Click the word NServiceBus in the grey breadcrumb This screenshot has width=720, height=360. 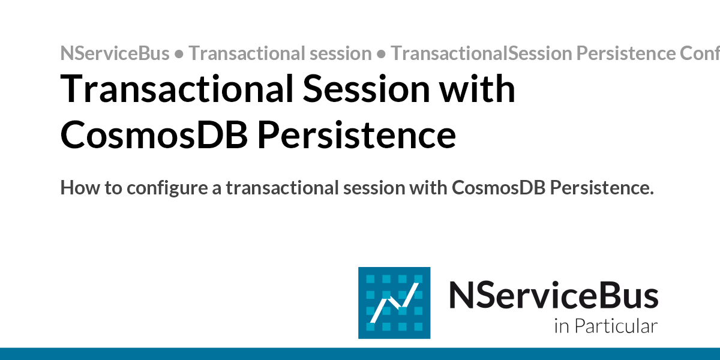115,53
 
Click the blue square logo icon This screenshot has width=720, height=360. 394,302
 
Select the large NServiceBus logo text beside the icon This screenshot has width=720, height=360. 553,296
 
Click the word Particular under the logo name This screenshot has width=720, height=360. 616,326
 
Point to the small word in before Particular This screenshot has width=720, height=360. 561,326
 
